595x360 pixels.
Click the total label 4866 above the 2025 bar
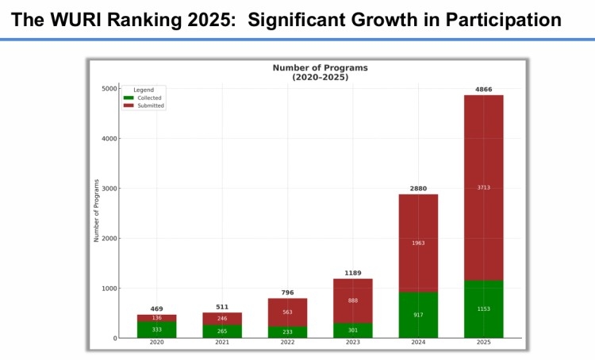coord(484,90)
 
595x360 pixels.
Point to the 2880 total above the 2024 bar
coord(418,189)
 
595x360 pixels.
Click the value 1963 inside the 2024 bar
coord(418,243)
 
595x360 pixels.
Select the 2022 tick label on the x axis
coord(287,343)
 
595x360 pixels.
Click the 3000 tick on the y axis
coord(106,189)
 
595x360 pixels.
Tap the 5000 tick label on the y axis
coord(106,89)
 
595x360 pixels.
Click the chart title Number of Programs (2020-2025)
coord(320,72)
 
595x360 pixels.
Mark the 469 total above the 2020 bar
coord(156,309)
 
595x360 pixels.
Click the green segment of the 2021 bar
coord(222,331)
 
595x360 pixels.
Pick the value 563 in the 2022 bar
coord(287,312)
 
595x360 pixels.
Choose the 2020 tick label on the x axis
coord(156,343)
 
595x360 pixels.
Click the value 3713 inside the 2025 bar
coord(484,187)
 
